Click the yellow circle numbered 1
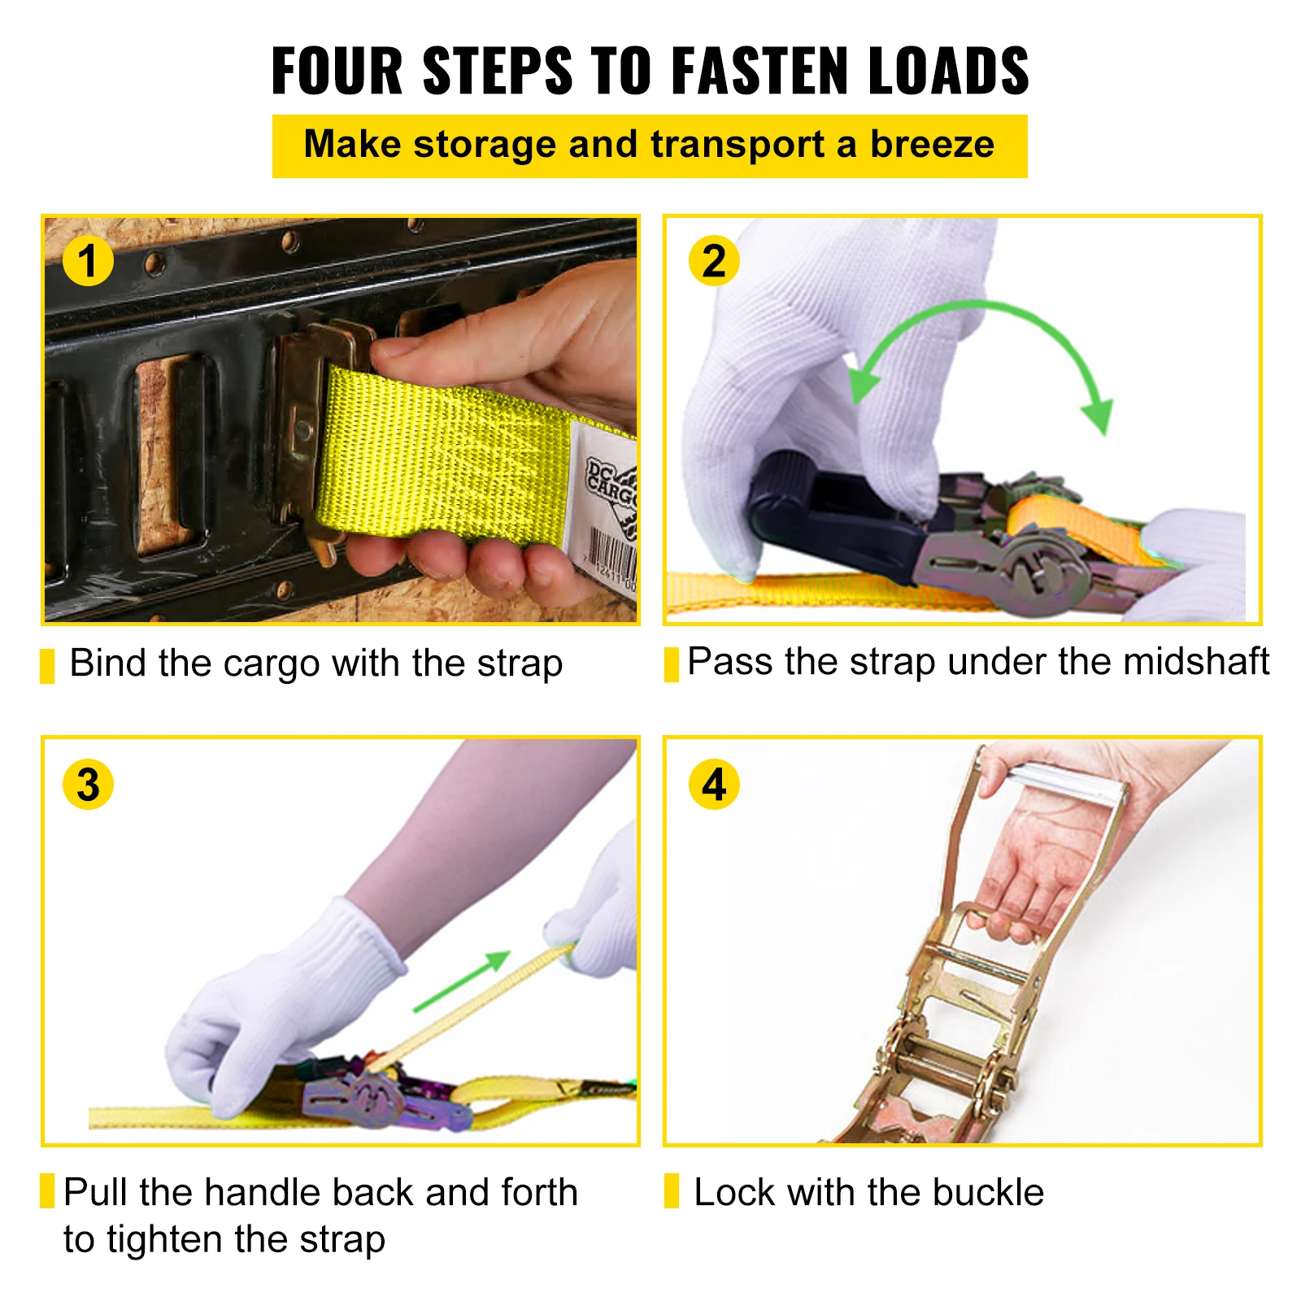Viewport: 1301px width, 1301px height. pos(87,261)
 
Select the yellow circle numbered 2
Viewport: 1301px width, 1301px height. pos(713,261)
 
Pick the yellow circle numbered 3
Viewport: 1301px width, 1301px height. pos(88,785)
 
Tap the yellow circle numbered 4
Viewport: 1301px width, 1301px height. pos(713,785)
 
